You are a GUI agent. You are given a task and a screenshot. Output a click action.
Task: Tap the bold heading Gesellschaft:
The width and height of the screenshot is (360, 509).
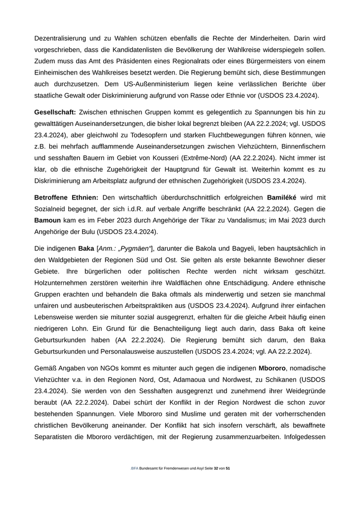click(x=55, y=112)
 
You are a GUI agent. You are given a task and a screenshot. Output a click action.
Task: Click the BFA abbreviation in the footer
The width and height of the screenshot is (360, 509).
click(x=134, y=469)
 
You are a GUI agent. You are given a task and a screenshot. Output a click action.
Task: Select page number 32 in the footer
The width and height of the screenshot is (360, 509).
click(x=216, y=469)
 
